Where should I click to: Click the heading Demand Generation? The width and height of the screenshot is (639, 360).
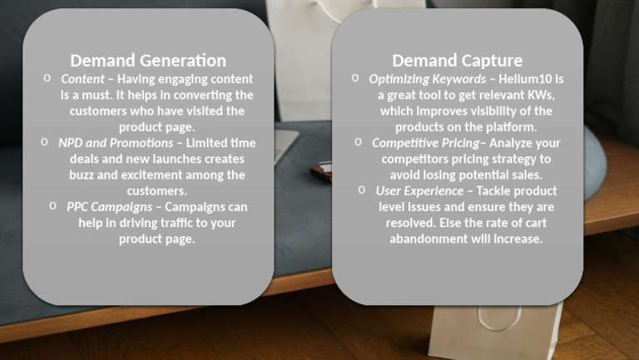pyautogui.click(x=148, y=60)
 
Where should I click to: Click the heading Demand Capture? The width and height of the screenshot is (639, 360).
pyautogui.click(x=458, y=60)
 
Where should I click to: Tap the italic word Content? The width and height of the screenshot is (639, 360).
pyautogui.click(x=82, y=79)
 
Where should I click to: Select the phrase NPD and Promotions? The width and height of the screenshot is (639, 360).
pyautogui.click(x=116, y=143)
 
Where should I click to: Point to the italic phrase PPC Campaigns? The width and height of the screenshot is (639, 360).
pyautogui.click(x=110, y=207)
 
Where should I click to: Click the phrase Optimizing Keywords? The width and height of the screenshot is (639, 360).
pyautogui.click(x=427, y=79)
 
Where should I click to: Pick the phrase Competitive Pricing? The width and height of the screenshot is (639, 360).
pyautogui.click(x=425, y=143)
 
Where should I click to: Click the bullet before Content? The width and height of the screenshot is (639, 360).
pyautogui.click(x=47, y=78)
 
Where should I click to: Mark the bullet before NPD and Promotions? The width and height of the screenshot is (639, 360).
pyautogui.click(x=45, y=142)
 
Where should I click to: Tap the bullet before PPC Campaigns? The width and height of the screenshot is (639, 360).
pyautogui.click(x=52, y=206)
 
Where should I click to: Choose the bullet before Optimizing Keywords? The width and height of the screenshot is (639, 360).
pyautogui.click(x=355, y=78)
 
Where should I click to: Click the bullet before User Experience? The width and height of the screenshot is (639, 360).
pyautogui.click(x=362, y=190)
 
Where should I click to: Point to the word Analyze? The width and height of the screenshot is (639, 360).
pyautogui.click(x=512, y=143)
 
